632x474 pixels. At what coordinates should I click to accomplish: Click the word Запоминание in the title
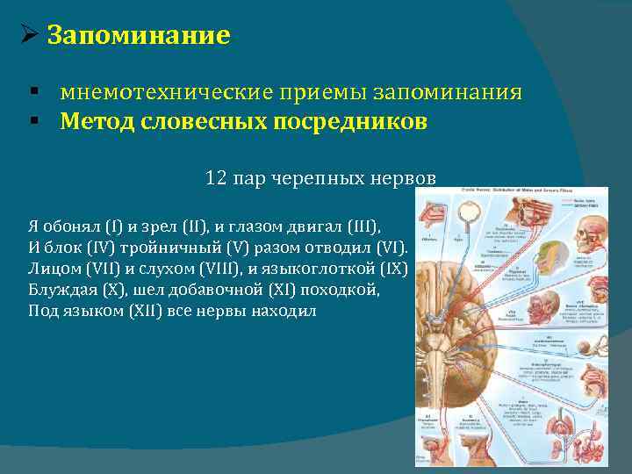138,36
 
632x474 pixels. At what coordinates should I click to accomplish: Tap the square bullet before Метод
32,122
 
